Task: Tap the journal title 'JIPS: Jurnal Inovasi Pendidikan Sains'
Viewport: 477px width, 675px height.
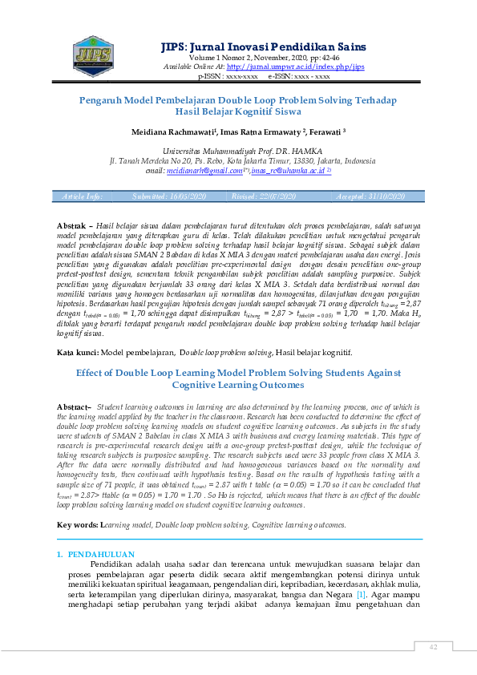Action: click(x=264, y=46)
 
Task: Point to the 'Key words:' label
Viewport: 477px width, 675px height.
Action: click(x=77, y=525)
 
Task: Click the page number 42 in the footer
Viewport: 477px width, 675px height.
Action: click(x=432, y=648)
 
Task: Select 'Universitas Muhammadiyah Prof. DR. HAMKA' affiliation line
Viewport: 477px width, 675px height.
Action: click(x=241, y=151)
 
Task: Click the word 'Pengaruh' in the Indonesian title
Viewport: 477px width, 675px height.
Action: click(x=103, y=100)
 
